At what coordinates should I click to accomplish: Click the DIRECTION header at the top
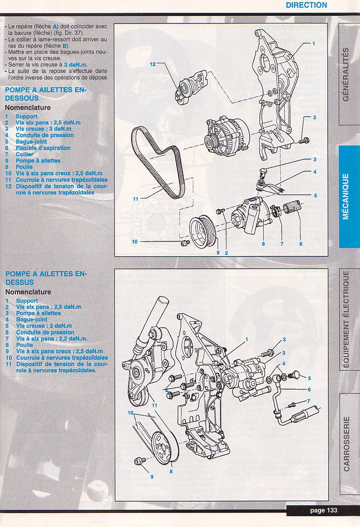point(306,5)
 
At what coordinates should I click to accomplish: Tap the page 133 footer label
point(323,510)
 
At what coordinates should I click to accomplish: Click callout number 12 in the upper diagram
point(153,64)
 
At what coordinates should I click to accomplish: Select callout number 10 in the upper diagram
point(135,242)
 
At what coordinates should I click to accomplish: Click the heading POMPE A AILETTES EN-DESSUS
point(46,278)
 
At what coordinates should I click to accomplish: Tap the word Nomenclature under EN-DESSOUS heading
point(28,108)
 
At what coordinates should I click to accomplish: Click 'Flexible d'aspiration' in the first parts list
point(43,148)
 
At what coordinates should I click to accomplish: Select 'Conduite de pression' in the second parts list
point(45,332)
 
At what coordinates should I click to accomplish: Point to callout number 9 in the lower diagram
point(152,476)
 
